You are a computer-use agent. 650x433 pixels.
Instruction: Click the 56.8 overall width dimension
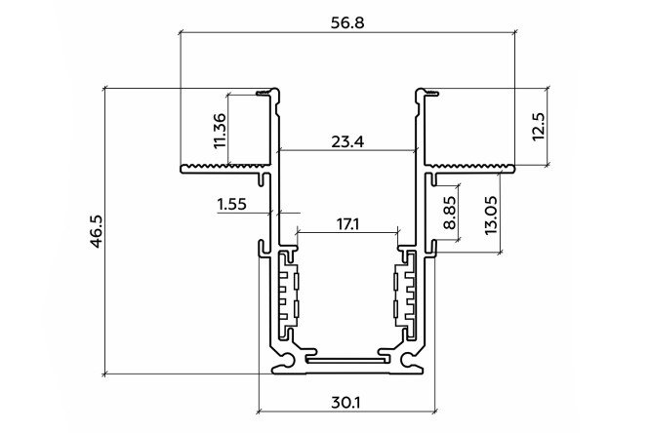pos(347,22)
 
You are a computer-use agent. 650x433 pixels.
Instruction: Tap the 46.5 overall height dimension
pos(97,231)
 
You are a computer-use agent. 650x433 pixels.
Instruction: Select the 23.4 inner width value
pos(347,141)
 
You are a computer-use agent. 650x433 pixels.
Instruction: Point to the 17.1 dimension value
pos(347,224)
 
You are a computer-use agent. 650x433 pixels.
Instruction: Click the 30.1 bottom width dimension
pos(346,402)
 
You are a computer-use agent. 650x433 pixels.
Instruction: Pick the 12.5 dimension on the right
pos(538,127)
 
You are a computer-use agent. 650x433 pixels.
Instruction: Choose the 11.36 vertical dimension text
pos(220,131)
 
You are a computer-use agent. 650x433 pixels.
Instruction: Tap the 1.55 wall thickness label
pos(231,204)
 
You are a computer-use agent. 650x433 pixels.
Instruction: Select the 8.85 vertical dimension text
pos(450,213)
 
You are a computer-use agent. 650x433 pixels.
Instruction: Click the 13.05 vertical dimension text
pos(491,216)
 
